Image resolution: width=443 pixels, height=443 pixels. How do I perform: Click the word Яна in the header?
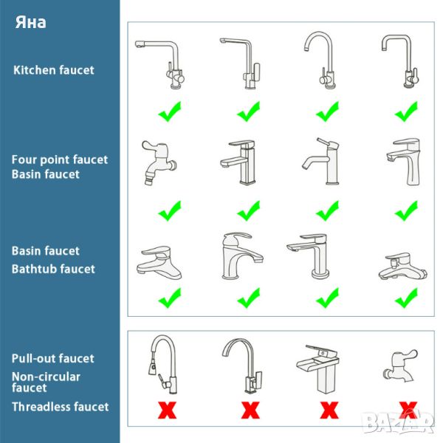[30, 22]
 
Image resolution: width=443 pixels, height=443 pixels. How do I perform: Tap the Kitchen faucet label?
[54, 70]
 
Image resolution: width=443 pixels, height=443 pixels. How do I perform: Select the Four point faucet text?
[60, 160]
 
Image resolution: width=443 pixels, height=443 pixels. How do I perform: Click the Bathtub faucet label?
[53, 269]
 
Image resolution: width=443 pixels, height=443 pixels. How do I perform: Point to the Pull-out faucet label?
[53, 359]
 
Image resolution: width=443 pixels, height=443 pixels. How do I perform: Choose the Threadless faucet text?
[61, 407]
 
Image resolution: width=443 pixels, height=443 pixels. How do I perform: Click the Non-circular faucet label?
[46, 382]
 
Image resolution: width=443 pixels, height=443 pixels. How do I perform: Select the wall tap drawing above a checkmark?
[159, 162]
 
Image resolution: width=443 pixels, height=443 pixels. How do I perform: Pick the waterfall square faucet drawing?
[318, 368]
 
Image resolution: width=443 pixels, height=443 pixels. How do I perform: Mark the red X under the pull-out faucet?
[167, 411]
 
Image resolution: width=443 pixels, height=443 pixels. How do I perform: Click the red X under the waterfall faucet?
[329, 411]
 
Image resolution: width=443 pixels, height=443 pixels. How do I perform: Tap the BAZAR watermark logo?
[399, 422]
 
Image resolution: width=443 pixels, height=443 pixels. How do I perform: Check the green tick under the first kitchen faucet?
[170, 111]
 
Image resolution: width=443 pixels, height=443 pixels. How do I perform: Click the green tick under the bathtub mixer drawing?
[406, 298]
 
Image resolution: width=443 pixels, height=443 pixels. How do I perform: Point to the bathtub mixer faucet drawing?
[402, 266]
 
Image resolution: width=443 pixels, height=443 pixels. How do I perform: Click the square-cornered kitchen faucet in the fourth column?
[399, 61]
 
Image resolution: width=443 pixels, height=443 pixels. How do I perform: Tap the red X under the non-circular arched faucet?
[250, 411]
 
